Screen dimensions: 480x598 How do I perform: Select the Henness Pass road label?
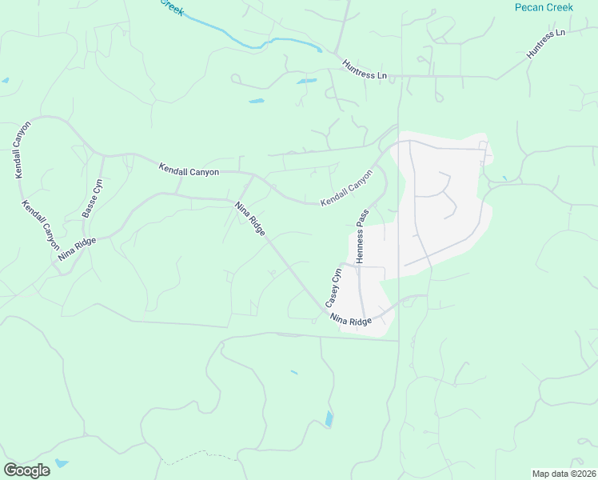coord(361,237)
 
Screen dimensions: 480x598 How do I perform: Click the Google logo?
coord(26,470)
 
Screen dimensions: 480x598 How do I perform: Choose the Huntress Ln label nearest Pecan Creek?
coord(545,44)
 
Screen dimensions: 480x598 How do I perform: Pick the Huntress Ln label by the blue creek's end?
coord(365,70)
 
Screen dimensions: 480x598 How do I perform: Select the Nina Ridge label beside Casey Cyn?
coord(351,319)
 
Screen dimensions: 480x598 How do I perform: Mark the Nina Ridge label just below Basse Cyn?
coord(77,249)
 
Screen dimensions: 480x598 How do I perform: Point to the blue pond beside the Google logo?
coord(62,463)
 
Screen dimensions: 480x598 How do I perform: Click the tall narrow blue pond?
coord(329,419)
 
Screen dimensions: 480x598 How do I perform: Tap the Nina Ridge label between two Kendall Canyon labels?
coord(250,218)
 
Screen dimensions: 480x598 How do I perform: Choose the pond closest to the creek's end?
coord(306,81)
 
